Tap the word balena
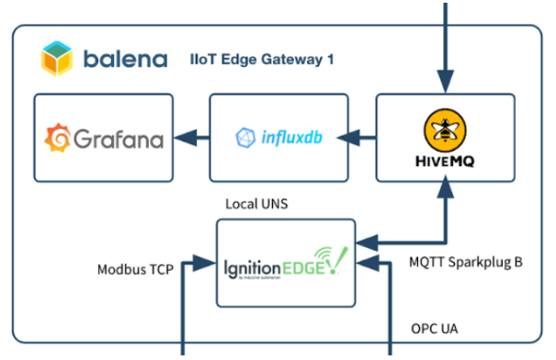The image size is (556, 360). (125, 61)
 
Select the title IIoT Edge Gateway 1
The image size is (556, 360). (263, 61)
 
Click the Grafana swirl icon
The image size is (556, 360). (58, 139)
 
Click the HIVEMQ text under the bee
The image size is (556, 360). (445, 158)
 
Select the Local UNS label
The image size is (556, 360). (256, 204)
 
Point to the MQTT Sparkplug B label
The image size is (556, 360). (466, 262)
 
